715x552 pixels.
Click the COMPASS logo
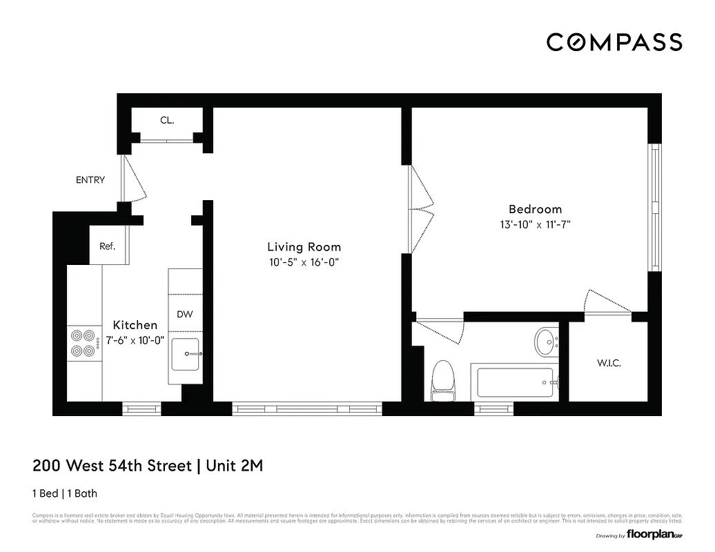coord(614,42)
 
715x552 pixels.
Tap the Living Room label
coord(304,247)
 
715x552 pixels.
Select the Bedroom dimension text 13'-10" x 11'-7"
coord(535,224)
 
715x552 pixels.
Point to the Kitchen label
coord(135,325)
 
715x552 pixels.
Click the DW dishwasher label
coord(184,314)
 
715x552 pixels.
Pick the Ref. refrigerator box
coord(108,246)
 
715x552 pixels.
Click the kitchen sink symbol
coord(185,354)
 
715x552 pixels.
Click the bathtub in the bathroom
coord(516,382)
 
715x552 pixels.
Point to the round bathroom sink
coord(546,341)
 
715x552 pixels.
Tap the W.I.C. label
coord(608,363)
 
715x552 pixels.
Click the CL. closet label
coord(167,120)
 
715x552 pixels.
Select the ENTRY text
coord(90,180)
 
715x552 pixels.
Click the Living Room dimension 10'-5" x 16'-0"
coord(304,262)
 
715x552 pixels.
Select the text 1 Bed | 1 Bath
coord(69,493)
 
